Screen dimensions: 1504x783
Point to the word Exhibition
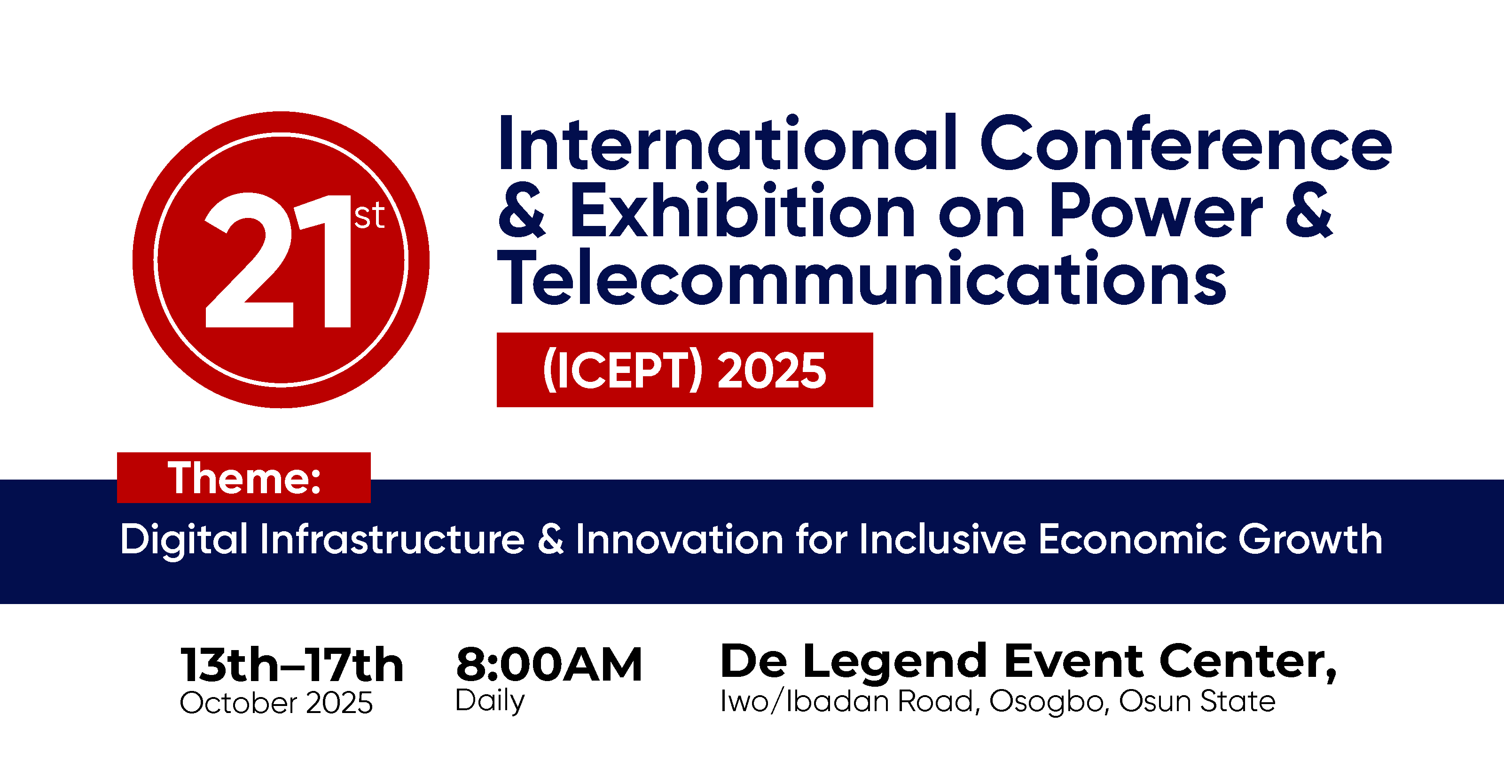click(x=742, y=210)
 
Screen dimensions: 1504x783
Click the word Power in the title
click(x=1156, y=210)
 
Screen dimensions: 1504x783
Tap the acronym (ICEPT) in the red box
click(x=622, y=370)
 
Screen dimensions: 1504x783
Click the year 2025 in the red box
click(x=771, y=370)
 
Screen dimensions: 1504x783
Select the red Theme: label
click(x=244, y=477)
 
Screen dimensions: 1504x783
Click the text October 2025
click(x=276, y=703)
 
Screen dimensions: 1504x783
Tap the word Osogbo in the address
click(x=1049, y=702)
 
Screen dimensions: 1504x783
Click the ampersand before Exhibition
click(x=521, y=210)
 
